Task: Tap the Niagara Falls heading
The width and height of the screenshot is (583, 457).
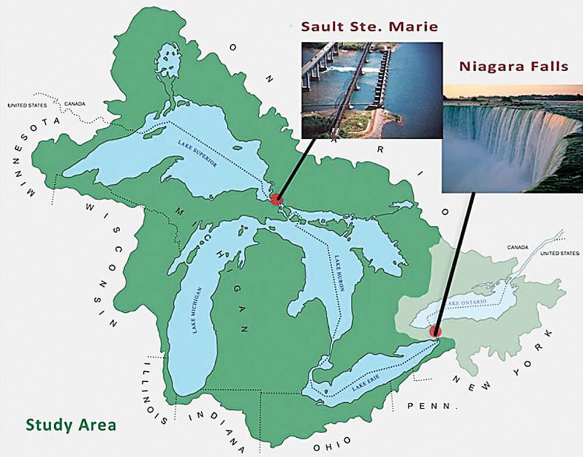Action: coord(513,66)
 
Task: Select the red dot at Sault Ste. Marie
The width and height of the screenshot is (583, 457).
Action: coord(276,199)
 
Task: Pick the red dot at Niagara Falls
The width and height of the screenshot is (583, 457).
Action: coord(435,332)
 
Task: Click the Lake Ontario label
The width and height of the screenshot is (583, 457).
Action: coord(467,303)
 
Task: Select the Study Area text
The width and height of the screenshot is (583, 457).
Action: coord(71,424)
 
